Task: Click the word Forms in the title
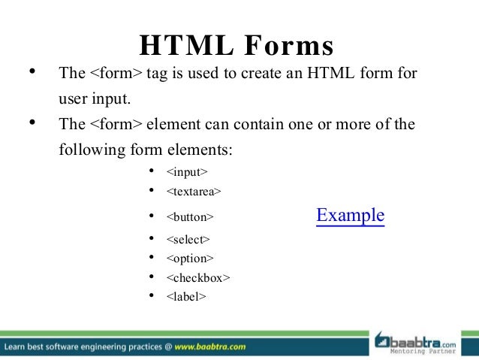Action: tap(288, 47)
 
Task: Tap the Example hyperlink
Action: tap(351, 216)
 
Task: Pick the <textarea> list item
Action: tap(194, 192)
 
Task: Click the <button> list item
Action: tap(190, 217)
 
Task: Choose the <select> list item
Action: tap(188, 240)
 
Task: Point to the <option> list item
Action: tap(189, 259)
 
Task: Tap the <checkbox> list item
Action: tap(198, 277)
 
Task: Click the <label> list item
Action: tap(186, 296)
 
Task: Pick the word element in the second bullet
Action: tap(171, 124)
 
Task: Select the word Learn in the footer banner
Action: tap(17, 347)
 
